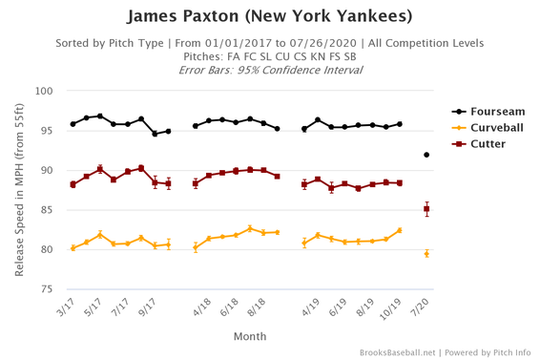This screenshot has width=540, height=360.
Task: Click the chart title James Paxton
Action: pos(269,16)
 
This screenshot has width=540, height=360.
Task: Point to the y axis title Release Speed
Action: pos(19,190)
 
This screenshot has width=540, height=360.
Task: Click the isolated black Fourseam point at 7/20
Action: pos(426,155)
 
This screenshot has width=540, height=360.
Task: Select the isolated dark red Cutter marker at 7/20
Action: pos(426,209)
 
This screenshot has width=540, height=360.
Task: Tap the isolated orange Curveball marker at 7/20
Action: pos(426,254)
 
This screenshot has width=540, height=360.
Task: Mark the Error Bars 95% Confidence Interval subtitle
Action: pos(269,70)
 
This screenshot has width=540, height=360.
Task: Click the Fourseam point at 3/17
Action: pos(73,124)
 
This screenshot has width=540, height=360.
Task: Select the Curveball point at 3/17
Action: pos(73,248)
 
